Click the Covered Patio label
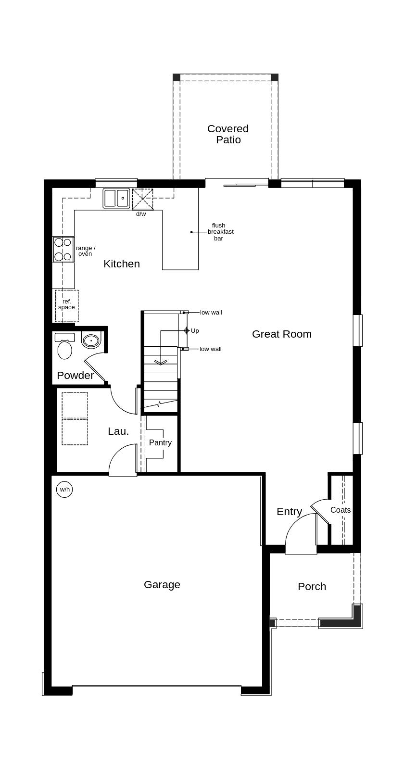coord(228,134)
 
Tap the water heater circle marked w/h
coord(64,490)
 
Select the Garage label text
coord(162,584)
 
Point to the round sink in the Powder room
coord(91,340)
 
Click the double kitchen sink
coord(116,198)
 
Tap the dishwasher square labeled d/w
coord(142,199)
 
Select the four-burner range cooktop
coord(63,249)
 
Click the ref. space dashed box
coord(67,305)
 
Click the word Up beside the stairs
coord(195,331)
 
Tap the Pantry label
coord(160,442)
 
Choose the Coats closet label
coord(341,510)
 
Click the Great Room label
coord(282,334)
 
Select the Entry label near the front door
coord(289,512)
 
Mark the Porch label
coord(312,586)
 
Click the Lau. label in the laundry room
coord(118,431)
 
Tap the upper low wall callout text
coord(211,313)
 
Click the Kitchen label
coord(122,264)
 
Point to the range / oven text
coord(86,251)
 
